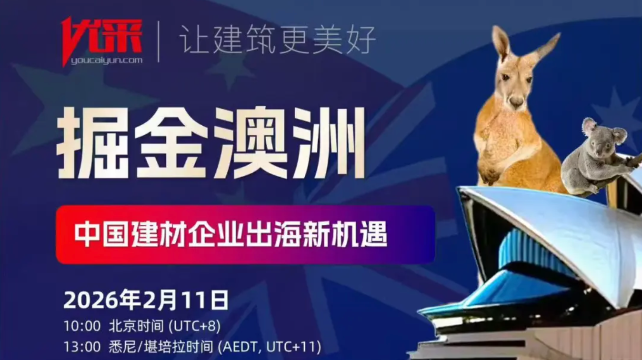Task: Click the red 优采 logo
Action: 102,38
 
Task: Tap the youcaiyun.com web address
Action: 107,61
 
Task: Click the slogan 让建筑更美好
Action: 278,40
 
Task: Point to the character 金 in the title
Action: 171,143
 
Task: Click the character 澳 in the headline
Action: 250,143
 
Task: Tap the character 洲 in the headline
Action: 327,143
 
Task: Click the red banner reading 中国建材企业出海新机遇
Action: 245,234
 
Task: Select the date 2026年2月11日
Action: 146,300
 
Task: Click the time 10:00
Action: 82,326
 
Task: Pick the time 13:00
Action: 82,347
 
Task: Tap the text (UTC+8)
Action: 195,326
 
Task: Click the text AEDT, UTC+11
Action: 270,347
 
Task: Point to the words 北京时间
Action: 136,326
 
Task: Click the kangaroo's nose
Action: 516,101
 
